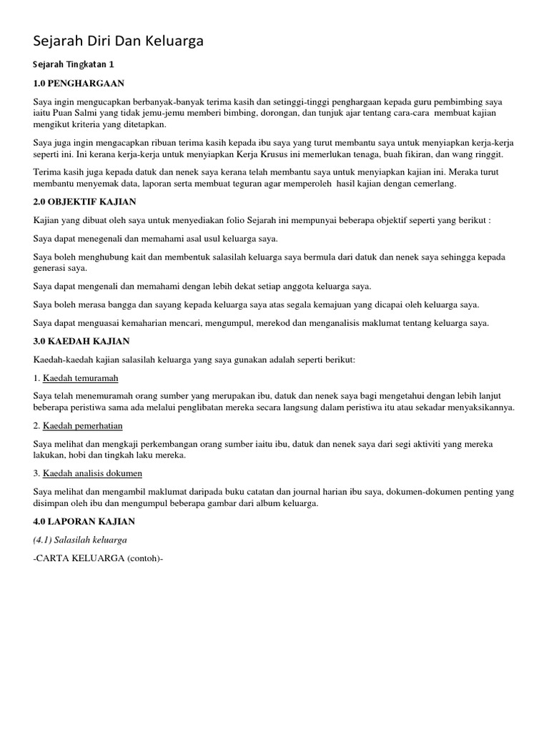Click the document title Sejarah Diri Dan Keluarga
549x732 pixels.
point(118,41)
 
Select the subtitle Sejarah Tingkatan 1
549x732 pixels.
point(73,64)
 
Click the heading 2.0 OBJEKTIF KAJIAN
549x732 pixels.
point(84,202)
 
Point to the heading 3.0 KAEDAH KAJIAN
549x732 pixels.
point(81,341)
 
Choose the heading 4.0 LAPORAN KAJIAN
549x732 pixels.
point(84,521)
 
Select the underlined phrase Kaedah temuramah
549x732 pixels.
point(80,377)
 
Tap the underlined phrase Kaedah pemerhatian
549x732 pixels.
point(83,425)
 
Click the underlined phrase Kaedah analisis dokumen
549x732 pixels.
point(92,473)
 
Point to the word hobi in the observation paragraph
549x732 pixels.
point(81,455)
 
